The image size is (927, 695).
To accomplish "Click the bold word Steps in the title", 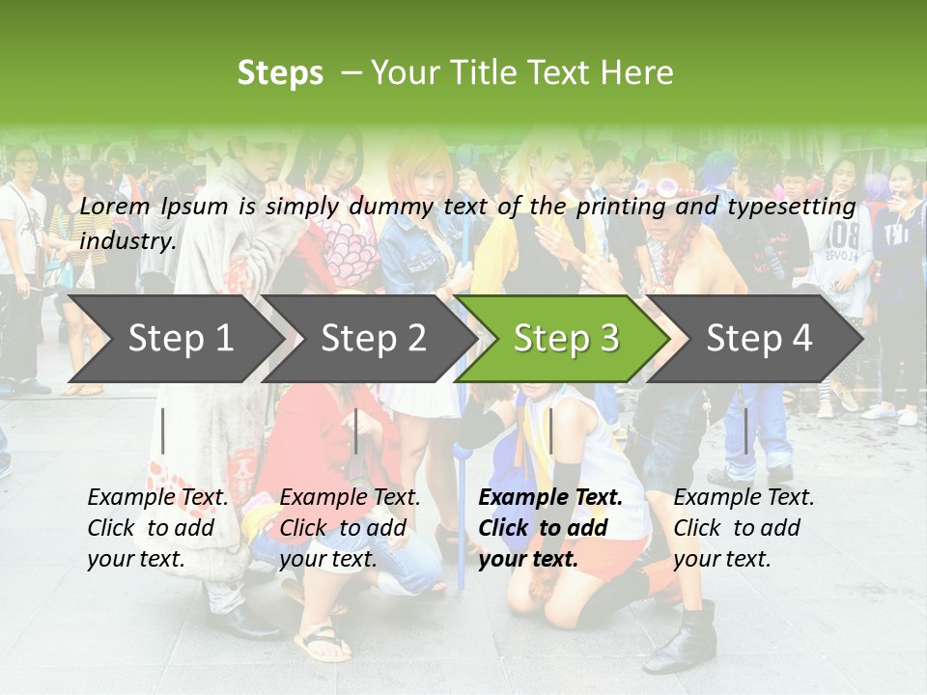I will (x=280, y=72).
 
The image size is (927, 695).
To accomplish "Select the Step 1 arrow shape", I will (x=174, y=338).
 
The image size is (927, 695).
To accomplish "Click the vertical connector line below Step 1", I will (x=163, y=431).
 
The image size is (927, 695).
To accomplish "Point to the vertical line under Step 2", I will (x=356, y=431).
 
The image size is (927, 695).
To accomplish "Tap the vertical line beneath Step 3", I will (x=550, y=431).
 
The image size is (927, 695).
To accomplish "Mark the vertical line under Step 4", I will (x=745, y=431).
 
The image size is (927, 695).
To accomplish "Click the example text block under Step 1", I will (x=157, y=528).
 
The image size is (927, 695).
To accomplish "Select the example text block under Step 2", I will (x=350, y=528).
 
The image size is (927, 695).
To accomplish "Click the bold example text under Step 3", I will (x=550, y=528).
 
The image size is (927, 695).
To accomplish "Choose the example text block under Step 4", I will (x=744, y=528).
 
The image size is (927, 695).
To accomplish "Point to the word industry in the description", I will (x=126, y=240).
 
